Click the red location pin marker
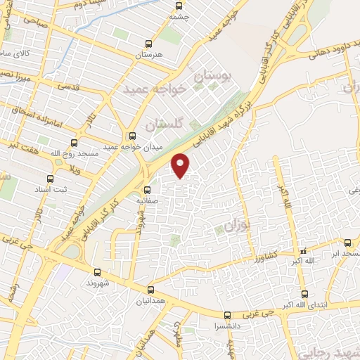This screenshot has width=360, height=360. coord(181,165)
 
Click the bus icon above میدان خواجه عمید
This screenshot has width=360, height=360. coord(132,136)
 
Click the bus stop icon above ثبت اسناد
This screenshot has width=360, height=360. coord(49,179)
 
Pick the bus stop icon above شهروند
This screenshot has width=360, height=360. coord(97,271)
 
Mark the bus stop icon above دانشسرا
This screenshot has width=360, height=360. coord(226,316)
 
